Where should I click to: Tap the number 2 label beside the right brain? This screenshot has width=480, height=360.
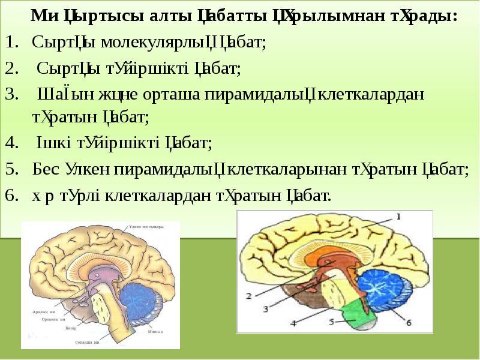point(249,296)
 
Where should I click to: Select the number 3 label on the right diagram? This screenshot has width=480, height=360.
point(266,310)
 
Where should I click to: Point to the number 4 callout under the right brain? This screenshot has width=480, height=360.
point(293,323)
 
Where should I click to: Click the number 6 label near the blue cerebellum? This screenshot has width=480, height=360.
point(409,322)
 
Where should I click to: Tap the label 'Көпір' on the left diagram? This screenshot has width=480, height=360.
point(70,328)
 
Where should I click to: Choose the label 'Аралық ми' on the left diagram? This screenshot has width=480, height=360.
point(43,312)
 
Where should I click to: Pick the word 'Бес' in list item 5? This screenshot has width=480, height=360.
point(45,169)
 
